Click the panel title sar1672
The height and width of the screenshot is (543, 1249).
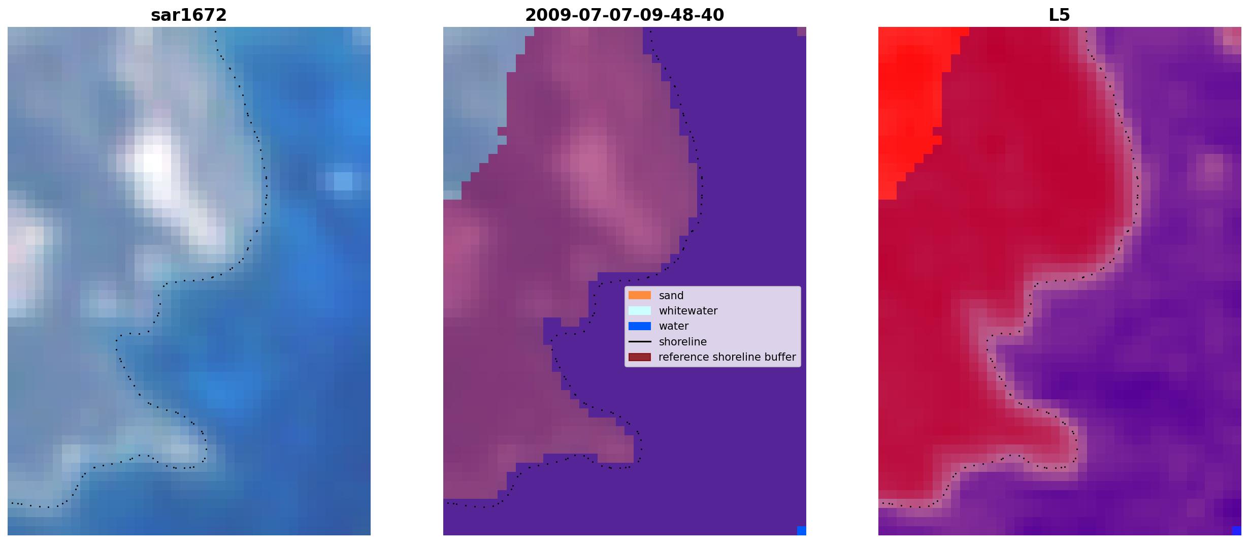(188, 15)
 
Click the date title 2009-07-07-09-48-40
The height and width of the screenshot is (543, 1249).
(624, 15)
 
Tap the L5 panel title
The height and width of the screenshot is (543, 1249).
(1059, 15)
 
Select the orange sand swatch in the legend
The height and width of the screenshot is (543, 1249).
(640, 295)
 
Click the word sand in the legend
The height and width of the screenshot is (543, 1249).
(671, 296)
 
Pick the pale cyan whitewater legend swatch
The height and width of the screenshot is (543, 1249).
(640, 310)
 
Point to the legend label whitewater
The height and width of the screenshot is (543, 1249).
(688, 311)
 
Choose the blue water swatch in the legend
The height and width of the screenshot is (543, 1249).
(640, 326)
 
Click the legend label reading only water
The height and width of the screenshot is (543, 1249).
(674, 326)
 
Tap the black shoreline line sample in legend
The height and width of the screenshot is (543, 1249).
(640, 342)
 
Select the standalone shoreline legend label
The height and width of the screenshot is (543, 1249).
(683, 342)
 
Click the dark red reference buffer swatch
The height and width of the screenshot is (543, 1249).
(640, 357)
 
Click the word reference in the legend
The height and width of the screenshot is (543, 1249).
(682, 357)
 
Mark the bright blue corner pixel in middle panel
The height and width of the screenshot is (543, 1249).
(802, 531)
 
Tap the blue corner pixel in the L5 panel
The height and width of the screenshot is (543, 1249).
(1237, 531)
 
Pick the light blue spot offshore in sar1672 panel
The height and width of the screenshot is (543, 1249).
(343, 181)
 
